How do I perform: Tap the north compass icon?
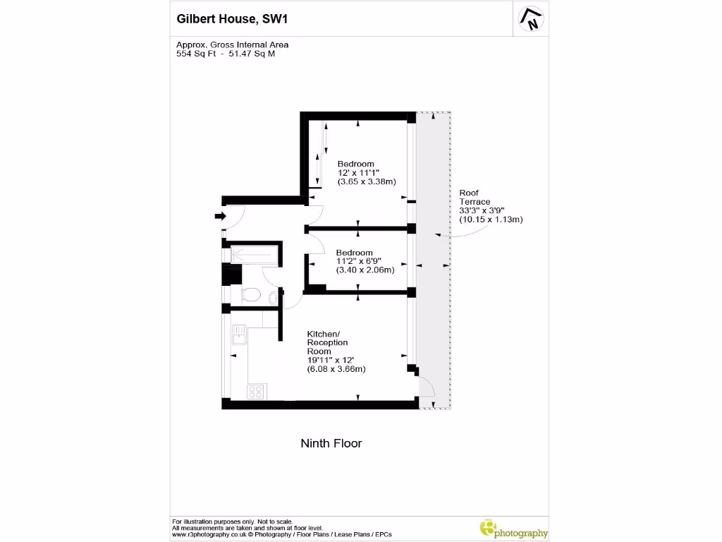pyautogui.click(x=531, y=19)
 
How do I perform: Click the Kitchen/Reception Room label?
pyautogui.click(x=327, y=342)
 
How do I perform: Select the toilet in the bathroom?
pyautogui.click(x=251, y=295)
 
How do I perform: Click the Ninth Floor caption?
pyautogui.click(x=331, y=443)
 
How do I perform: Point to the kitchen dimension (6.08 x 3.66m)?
pyautogui.click(x=336, y=369)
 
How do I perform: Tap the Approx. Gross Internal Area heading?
pyautogui.click(x=232, y=44)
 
